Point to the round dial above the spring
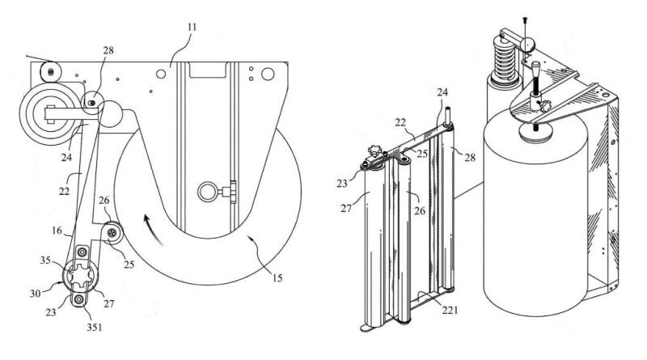531,43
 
